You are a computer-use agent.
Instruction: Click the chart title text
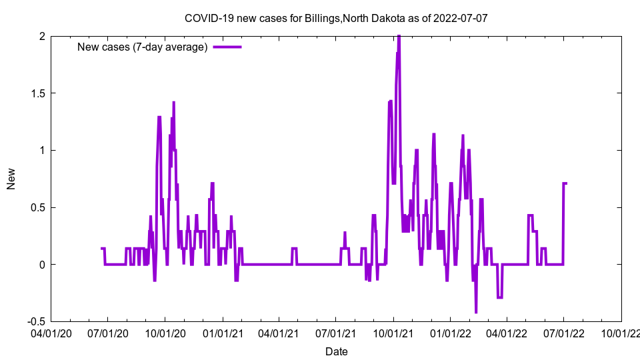(336, 18)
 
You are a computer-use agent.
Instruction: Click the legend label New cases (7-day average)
(143, 47)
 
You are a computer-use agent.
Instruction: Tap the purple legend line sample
(227, 47)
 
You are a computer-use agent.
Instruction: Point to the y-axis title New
(11, 179)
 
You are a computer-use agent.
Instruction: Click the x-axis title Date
(336, 351)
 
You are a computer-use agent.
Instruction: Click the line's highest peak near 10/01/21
(399, 37)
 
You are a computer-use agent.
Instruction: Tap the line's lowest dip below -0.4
(476, 311)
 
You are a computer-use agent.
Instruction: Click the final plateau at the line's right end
(565, 183)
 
